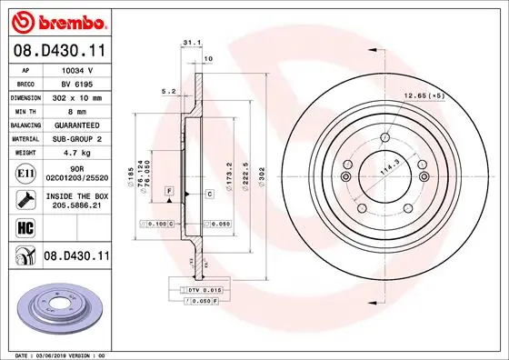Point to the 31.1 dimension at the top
tap(190, 43)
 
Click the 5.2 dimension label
tap(167, 91)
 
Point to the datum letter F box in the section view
tap(169, 189)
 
